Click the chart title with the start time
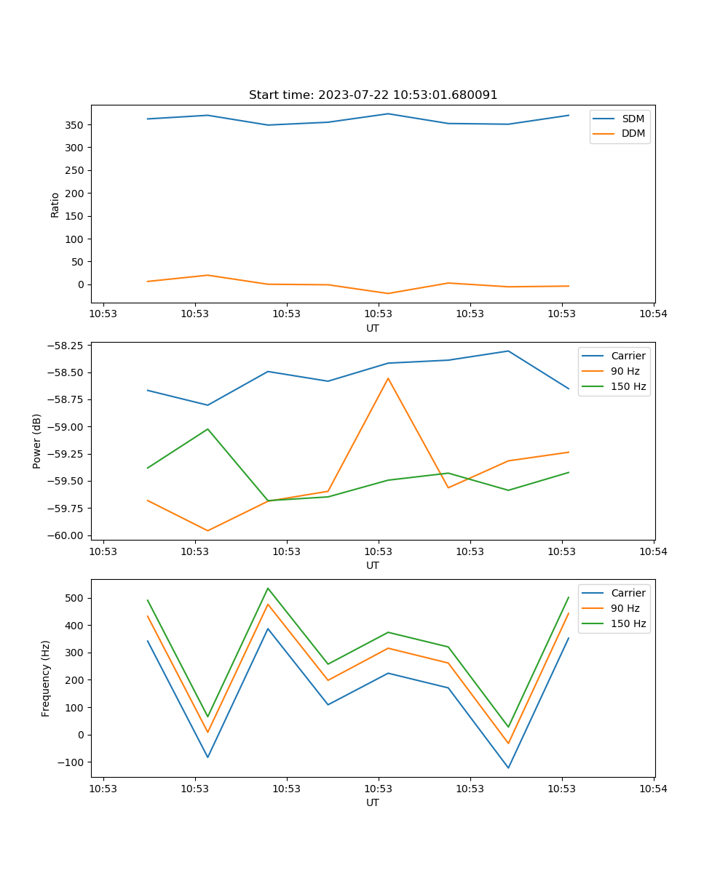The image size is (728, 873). tap(373, 95)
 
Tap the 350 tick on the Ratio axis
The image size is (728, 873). tap(76, 125)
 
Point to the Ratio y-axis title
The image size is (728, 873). tap(55, 204)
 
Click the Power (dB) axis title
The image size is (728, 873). tap(37, 441)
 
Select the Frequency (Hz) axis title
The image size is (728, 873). tap(46, 678)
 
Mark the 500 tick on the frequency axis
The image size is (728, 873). tap(76, 598)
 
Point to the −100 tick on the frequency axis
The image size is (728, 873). tap(73, 762)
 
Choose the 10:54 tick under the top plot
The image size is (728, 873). tap(653, 314)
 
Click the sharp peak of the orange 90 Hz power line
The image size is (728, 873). tap(388, 378)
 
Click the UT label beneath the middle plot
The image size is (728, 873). tap(373, 565)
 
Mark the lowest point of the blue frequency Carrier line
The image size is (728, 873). tap(508, 768)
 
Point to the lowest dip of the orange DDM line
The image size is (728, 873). tap(388, 293)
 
